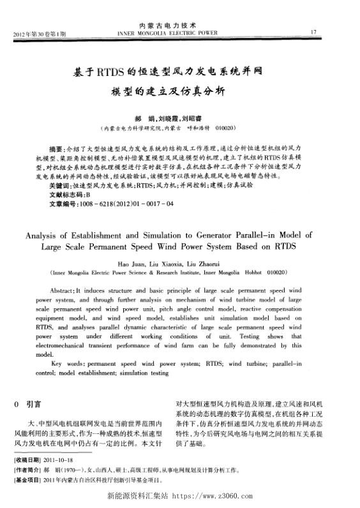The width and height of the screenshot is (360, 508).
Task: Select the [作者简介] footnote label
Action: coord(28,469)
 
